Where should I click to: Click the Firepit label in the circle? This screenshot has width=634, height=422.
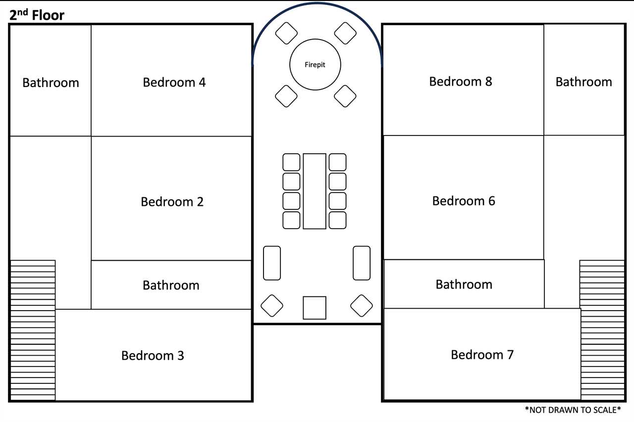click(x=315, y=65)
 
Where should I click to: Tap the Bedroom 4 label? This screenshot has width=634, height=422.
click(x=174, y=82)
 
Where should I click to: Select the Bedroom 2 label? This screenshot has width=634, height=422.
click(x=172, y=201)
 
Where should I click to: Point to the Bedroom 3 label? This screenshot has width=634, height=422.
click(x=153, y=355)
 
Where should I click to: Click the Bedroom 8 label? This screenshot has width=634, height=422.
click(x=461, y=82)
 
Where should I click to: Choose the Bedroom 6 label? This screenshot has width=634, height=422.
click(x=464, y=201)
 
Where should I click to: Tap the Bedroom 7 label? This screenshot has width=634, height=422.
click(x=482, y=354)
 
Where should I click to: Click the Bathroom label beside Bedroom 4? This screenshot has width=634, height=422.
click(x=51, y=83)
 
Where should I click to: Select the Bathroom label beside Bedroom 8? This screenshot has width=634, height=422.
click(x=583, y=82)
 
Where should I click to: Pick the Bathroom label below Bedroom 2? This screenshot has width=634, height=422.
click(x=171, y=285)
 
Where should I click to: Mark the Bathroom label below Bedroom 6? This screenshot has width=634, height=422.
click(x=464, y=284)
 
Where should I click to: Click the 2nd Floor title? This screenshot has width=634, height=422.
click(x=37, y=15)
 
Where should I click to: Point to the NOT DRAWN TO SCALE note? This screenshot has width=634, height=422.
click(x=573, y=410)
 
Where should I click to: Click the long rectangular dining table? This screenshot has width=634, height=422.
click(x=315, y=191)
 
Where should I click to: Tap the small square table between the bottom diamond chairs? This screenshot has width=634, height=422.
click(x=315, y=308)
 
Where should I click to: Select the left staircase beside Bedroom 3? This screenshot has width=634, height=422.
click(x=33, y=330)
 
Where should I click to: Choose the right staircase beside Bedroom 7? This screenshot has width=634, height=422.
click(x=602, y=330)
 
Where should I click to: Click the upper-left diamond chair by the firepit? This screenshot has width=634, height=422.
click(x=286, y=33)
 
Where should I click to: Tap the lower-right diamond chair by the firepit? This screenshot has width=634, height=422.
click(x=345, y=96)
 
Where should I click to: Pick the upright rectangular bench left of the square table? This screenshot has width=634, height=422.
click(x=272, y=263)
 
